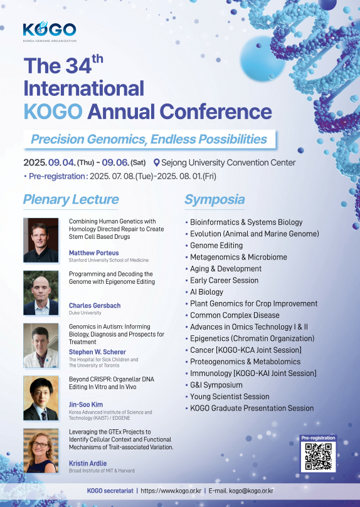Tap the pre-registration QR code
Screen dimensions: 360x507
click(318, 456)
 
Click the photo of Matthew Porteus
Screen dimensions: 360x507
click(41, 240)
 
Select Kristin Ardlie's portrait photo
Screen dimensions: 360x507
click(41, 451)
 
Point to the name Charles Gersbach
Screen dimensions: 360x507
click(95, 306)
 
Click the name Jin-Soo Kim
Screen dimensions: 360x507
click(86, 404)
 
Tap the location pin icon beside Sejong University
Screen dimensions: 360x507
click(157, 163)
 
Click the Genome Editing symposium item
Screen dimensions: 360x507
click(216, 246)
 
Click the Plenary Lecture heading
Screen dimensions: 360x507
click(71, 199)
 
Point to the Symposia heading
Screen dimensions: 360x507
click(214, 199)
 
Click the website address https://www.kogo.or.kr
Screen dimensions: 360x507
click(171, 491)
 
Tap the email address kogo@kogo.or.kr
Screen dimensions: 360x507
click(251, 491)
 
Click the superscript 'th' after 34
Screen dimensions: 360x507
click(97, 59)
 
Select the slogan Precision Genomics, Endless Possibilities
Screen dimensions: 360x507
click(149, 139)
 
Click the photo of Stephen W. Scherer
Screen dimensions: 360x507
click(41, 345)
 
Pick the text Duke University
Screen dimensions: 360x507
click(85, 313)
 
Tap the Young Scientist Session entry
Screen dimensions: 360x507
click(230, 397)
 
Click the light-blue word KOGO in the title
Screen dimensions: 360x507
click(53, 112)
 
